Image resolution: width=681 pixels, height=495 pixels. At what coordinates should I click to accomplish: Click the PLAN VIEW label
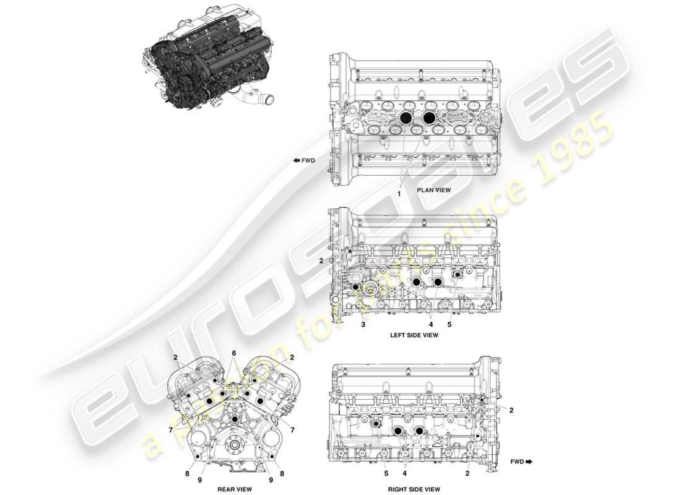pos(433,191)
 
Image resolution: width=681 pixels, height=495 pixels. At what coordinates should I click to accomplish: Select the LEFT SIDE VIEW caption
pos(414,335)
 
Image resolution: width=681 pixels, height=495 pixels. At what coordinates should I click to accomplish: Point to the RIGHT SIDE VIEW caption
pos(414,488)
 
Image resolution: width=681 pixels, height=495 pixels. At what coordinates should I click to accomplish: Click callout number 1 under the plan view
pos(399,194)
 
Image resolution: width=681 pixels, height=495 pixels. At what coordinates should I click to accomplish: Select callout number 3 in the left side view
pos(363,324)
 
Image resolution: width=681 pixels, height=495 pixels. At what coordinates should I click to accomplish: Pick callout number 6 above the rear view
pos(234,353)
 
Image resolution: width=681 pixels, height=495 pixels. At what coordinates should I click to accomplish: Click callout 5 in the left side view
pos(450,324)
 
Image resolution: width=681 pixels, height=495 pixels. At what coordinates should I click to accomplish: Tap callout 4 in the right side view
pos(404,474)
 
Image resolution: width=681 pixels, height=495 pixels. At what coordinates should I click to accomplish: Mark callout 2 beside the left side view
pos(321,261)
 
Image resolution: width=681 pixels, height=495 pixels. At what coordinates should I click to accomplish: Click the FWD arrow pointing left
pos(304,161)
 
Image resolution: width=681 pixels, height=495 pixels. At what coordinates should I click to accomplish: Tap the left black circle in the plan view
pos(406,117)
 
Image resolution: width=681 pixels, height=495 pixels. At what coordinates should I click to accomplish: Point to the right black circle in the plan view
pos(428,117)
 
